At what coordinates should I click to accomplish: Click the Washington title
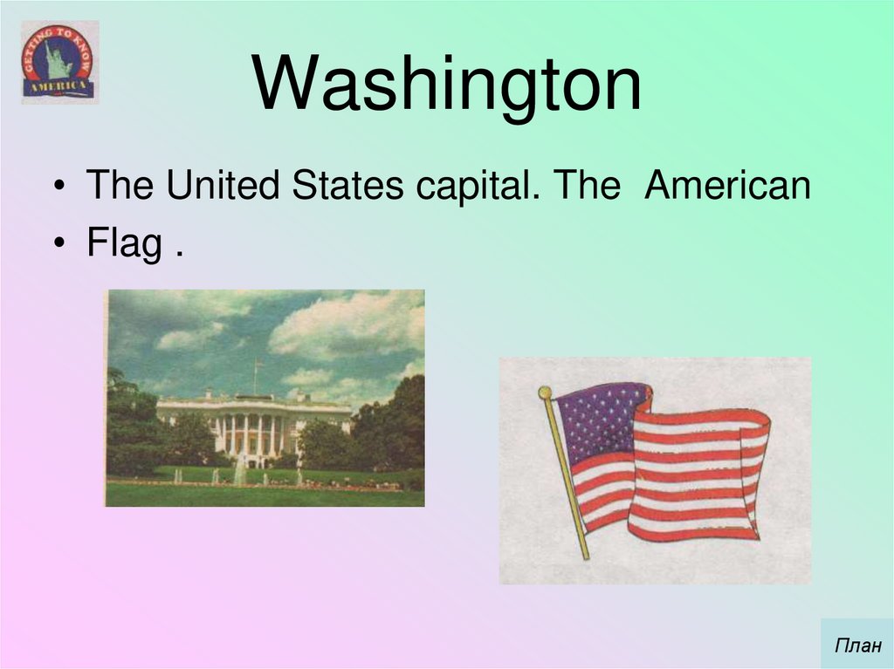447,85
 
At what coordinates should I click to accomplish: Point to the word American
728,187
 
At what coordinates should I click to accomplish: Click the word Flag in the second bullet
123,244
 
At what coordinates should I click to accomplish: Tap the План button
856,646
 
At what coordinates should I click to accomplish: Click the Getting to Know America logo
59,62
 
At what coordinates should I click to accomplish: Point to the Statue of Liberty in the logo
58,59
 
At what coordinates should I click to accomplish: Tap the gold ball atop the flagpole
545,393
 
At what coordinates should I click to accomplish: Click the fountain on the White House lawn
239,471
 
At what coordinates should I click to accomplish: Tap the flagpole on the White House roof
256,376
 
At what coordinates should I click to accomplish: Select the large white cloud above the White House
349,324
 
